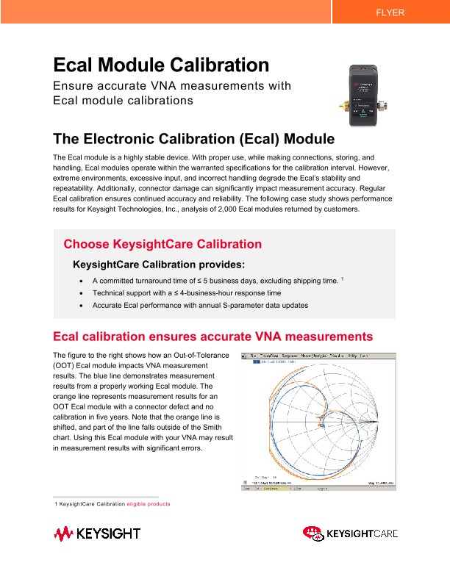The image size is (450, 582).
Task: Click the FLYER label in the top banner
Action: pos(390,12)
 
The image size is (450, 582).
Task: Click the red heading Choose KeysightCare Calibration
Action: pos(162,244)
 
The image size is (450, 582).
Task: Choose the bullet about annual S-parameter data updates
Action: pos(200,305)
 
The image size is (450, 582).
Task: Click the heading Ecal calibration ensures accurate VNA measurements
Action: pos(213,337)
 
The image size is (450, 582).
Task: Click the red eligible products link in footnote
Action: pos(149,504)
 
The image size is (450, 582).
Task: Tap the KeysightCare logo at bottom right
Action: pos(350,533)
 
